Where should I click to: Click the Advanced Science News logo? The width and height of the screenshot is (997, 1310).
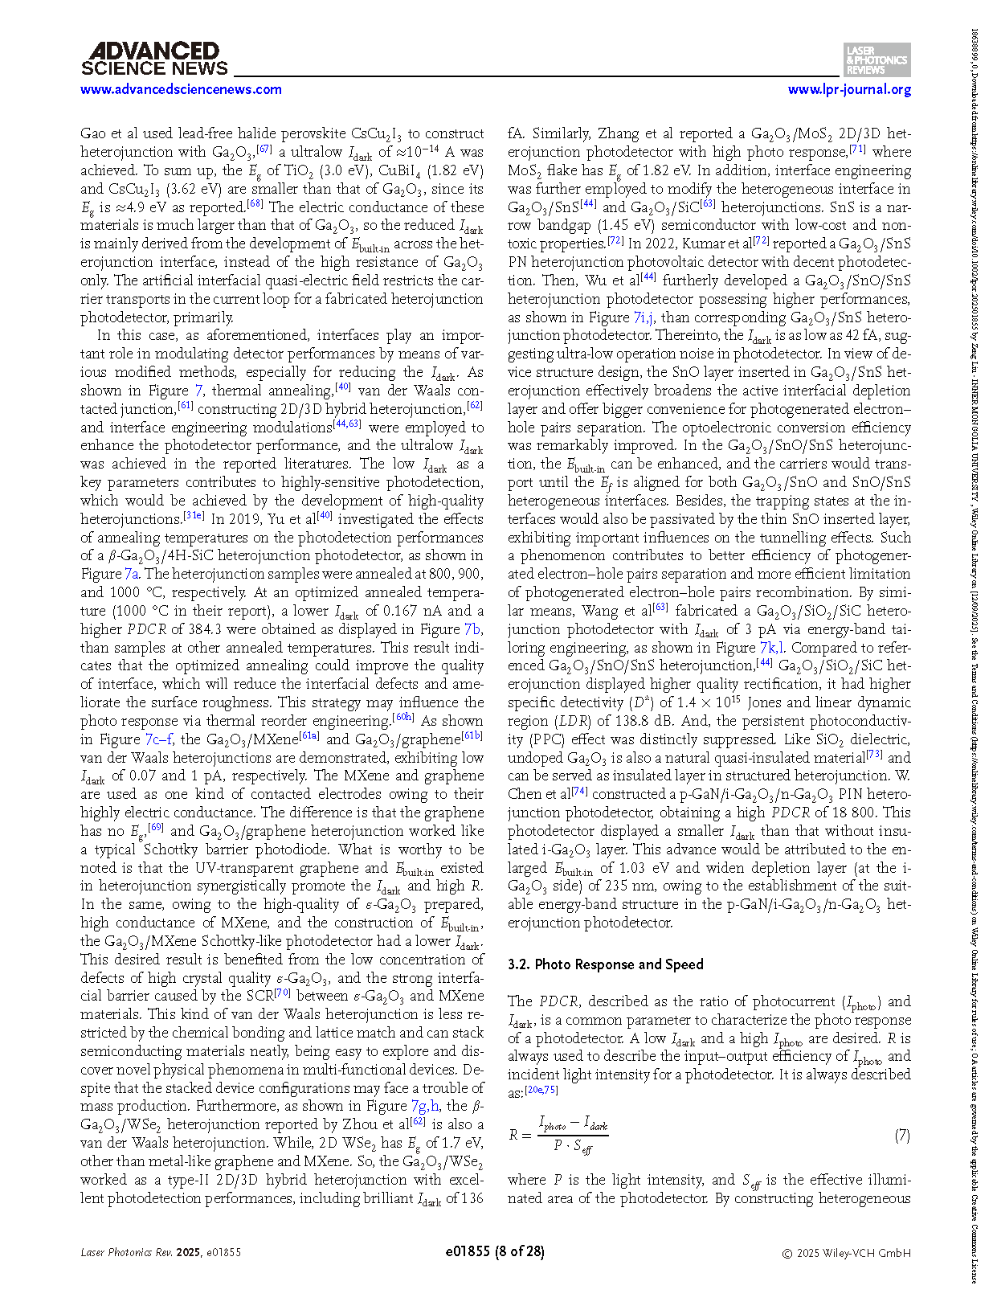154,59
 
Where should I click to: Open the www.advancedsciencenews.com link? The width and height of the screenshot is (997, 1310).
181,89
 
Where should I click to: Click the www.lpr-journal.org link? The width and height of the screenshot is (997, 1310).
849,89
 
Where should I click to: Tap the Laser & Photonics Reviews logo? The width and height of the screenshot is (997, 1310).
877,59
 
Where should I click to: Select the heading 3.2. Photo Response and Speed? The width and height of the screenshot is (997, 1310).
605,964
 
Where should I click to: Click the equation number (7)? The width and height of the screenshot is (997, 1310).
902,1135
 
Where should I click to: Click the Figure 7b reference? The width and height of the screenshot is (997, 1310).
473,629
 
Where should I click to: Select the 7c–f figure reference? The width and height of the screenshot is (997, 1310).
158,739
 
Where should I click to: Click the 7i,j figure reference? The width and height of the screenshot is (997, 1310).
644,317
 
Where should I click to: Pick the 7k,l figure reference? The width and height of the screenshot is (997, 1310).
773,648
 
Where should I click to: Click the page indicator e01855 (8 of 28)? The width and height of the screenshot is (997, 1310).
494,1251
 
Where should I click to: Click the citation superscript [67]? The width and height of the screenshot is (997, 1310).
264,148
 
